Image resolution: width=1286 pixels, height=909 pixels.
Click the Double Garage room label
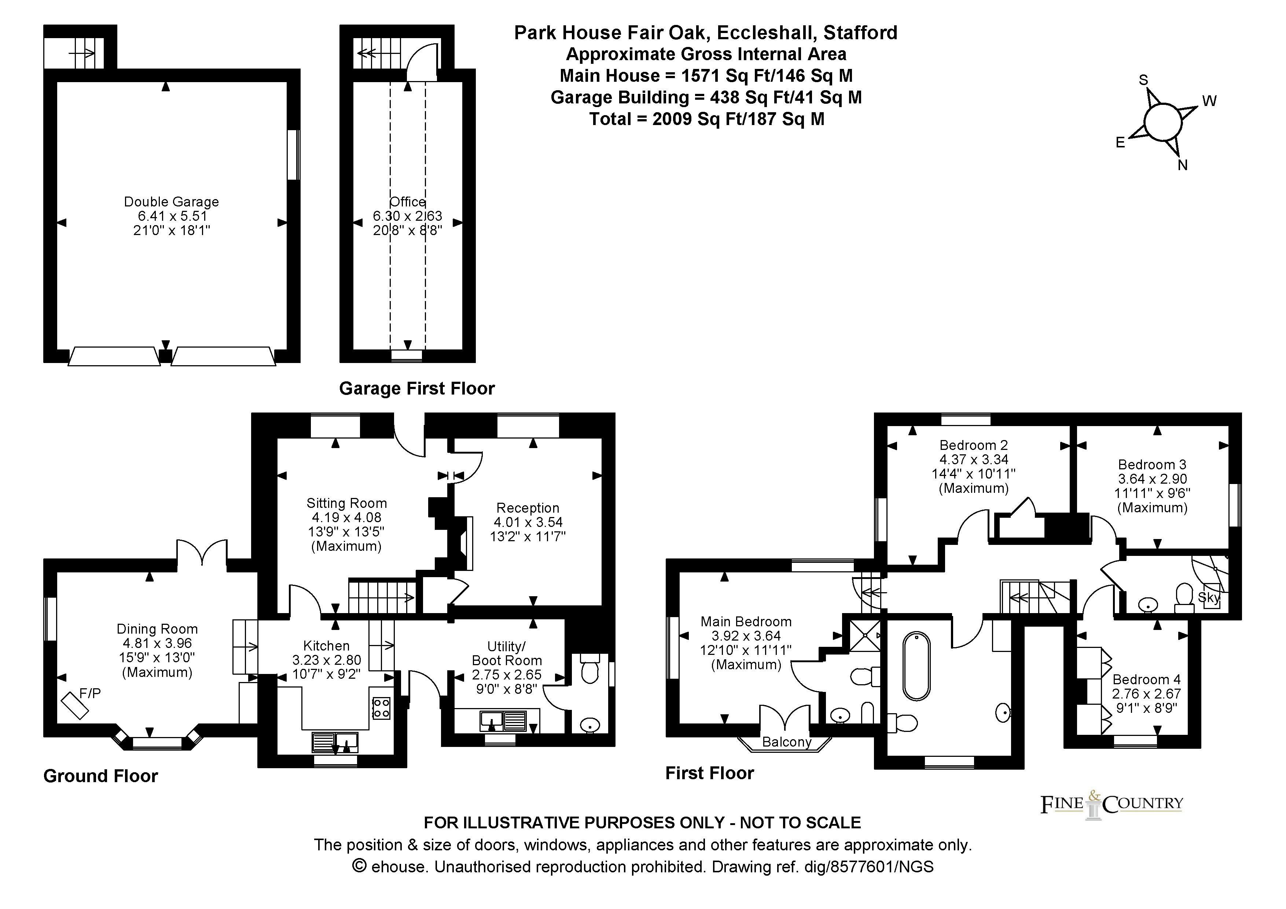[172, 202]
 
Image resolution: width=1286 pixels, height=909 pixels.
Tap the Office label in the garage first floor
[408, 202]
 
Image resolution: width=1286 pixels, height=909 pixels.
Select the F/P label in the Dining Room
[90, 693]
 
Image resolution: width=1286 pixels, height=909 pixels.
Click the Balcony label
[787, 742]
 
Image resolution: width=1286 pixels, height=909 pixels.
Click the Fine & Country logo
[1112, 805]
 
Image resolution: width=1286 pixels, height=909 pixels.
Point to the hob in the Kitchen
[381, 707]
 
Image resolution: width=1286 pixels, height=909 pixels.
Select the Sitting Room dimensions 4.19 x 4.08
[347, 517]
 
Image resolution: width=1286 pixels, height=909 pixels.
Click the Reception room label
[528, 508]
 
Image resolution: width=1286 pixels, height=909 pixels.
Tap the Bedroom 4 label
[1147, 679]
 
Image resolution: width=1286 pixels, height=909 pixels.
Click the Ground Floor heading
[101, 776]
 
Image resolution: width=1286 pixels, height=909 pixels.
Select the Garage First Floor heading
[417, 389]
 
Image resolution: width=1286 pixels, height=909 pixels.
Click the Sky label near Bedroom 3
[1209, 598]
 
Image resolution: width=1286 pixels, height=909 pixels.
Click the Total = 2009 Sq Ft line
[707, 119]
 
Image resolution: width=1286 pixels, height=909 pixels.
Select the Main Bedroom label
[746, 622]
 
